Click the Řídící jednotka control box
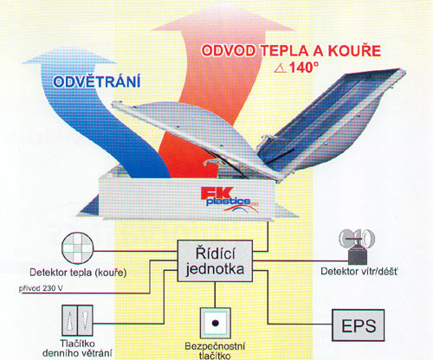[215, 261]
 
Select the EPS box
[359, 325]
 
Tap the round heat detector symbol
[78, 248]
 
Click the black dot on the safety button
[215, 323]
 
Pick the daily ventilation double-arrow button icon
[77, 320]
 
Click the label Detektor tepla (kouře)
[78, 273]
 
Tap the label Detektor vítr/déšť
[359, 271]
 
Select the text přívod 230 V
[41, 288]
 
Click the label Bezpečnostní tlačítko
[215, 350]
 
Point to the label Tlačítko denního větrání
[77, 348]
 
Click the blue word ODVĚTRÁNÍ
[97, 81]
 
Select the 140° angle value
[304, 67]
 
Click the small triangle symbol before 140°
[281, 68]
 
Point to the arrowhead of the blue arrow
[69, 55]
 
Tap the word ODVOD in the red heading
[229, 51]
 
